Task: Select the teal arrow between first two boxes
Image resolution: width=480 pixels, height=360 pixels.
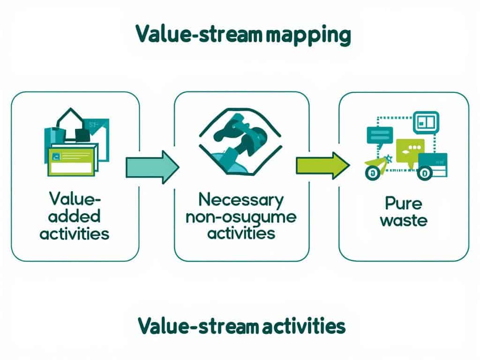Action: click(152, 166)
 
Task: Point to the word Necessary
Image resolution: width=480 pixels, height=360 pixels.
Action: click(241, 201)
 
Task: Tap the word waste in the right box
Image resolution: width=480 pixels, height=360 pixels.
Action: click(404, 220)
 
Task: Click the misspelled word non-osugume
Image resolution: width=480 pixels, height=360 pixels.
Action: click(241, 217)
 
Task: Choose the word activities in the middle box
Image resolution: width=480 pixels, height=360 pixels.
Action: click(241, 233)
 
